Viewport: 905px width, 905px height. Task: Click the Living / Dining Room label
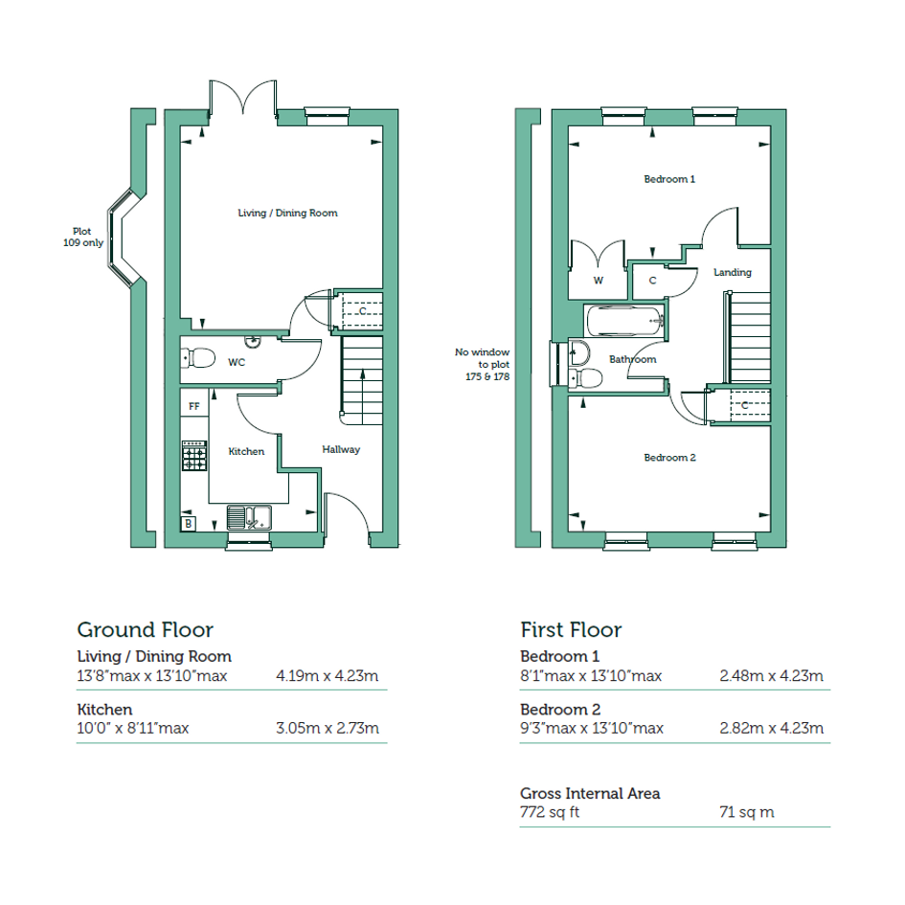click(287, 213)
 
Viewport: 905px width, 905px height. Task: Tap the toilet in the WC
click(198, 358)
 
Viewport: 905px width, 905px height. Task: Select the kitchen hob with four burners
click(194, 456)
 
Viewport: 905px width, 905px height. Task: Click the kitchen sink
click(249, 517)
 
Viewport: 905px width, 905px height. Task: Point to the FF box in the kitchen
click(194, 406)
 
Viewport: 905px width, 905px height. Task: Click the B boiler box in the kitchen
click(188, 524)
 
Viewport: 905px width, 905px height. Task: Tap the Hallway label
click(341, 449)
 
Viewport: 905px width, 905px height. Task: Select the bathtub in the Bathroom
click(623, 321)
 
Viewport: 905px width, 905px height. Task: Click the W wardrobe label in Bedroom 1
click(599, 281)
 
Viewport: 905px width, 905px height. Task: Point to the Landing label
click(733, 272)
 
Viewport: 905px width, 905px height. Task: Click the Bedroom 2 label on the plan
click(669, 458)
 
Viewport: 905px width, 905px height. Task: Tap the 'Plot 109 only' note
click(83, 238)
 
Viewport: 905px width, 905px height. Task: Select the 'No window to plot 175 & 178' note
click(482, 364)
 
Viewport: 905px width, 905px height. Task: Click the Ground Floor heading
click(146, 630)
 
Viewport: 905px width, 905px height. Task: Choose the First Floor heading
click(571, 630)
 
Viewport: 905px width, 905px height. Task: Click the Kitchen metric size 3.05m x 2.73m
click(328, 729)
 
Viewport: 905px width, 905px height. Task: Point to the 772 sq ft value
click(550, 812)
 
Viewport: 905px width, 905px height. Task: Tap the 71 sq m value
click(747, 812)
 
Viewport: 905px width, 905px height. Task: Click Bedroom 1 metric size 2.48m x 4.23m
click(771, 676)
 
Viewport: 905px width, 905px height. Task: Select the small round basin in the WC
click(252, 342)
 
